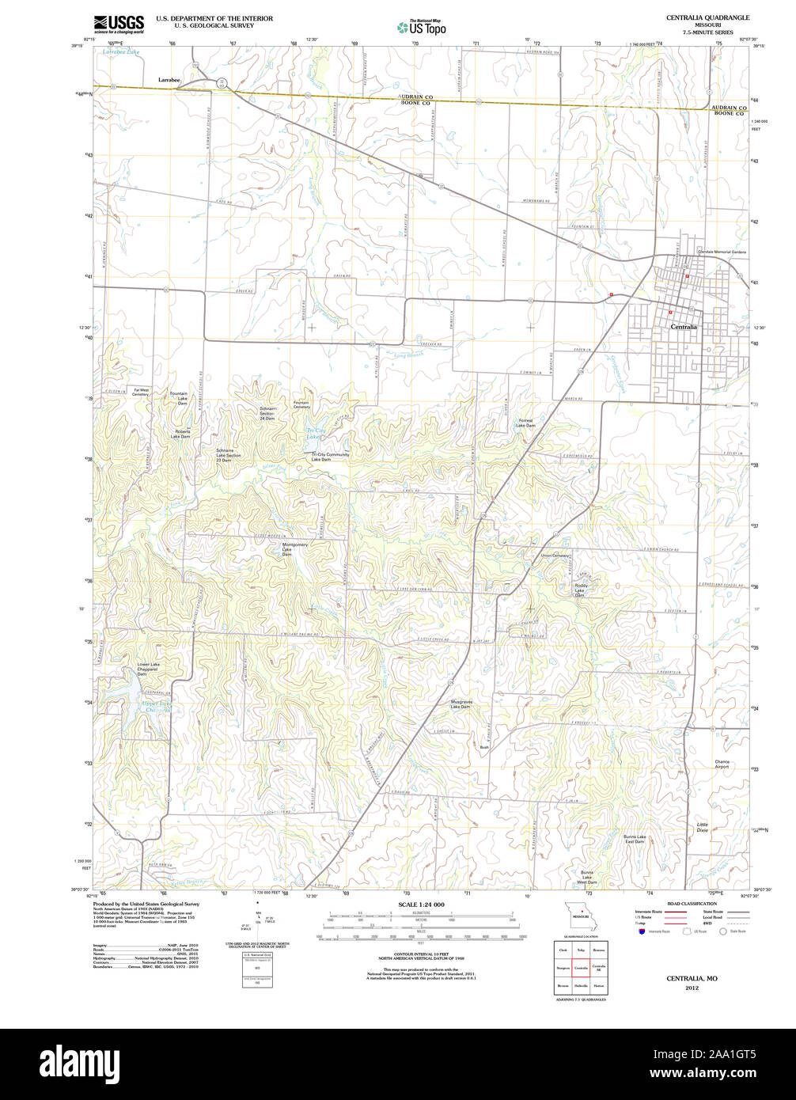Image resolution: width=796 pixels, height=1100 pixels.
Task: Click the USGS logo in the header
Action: tap(119, 24)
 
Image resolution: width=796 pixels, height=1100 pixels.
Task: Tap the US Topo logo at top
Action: tap(422, 27)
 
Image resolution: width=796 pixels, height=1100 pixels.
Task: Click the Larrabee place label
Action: tap(169, 80)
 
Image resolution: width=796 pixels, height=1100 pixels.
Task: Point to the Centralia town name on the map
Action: tap(684, 326)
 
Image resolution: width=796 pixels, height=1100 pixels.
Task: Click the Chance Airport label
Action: tap(722, 764)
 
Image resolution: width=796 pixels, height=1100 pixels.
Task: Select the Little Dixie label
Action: tap(703, 827)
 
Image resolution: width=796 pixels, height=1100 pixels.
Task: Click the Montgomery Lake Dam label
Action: tap(295, 549)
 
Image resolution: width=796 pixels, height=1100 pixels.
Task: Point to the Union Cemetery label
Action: tap(555, 555)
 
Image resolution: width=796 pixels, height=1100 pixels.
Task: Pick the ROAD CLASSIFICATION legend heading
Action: tap(692, 904)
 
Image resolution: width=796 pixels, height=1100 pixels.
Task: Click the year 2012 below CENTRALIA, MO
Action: tap(692, 988)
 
